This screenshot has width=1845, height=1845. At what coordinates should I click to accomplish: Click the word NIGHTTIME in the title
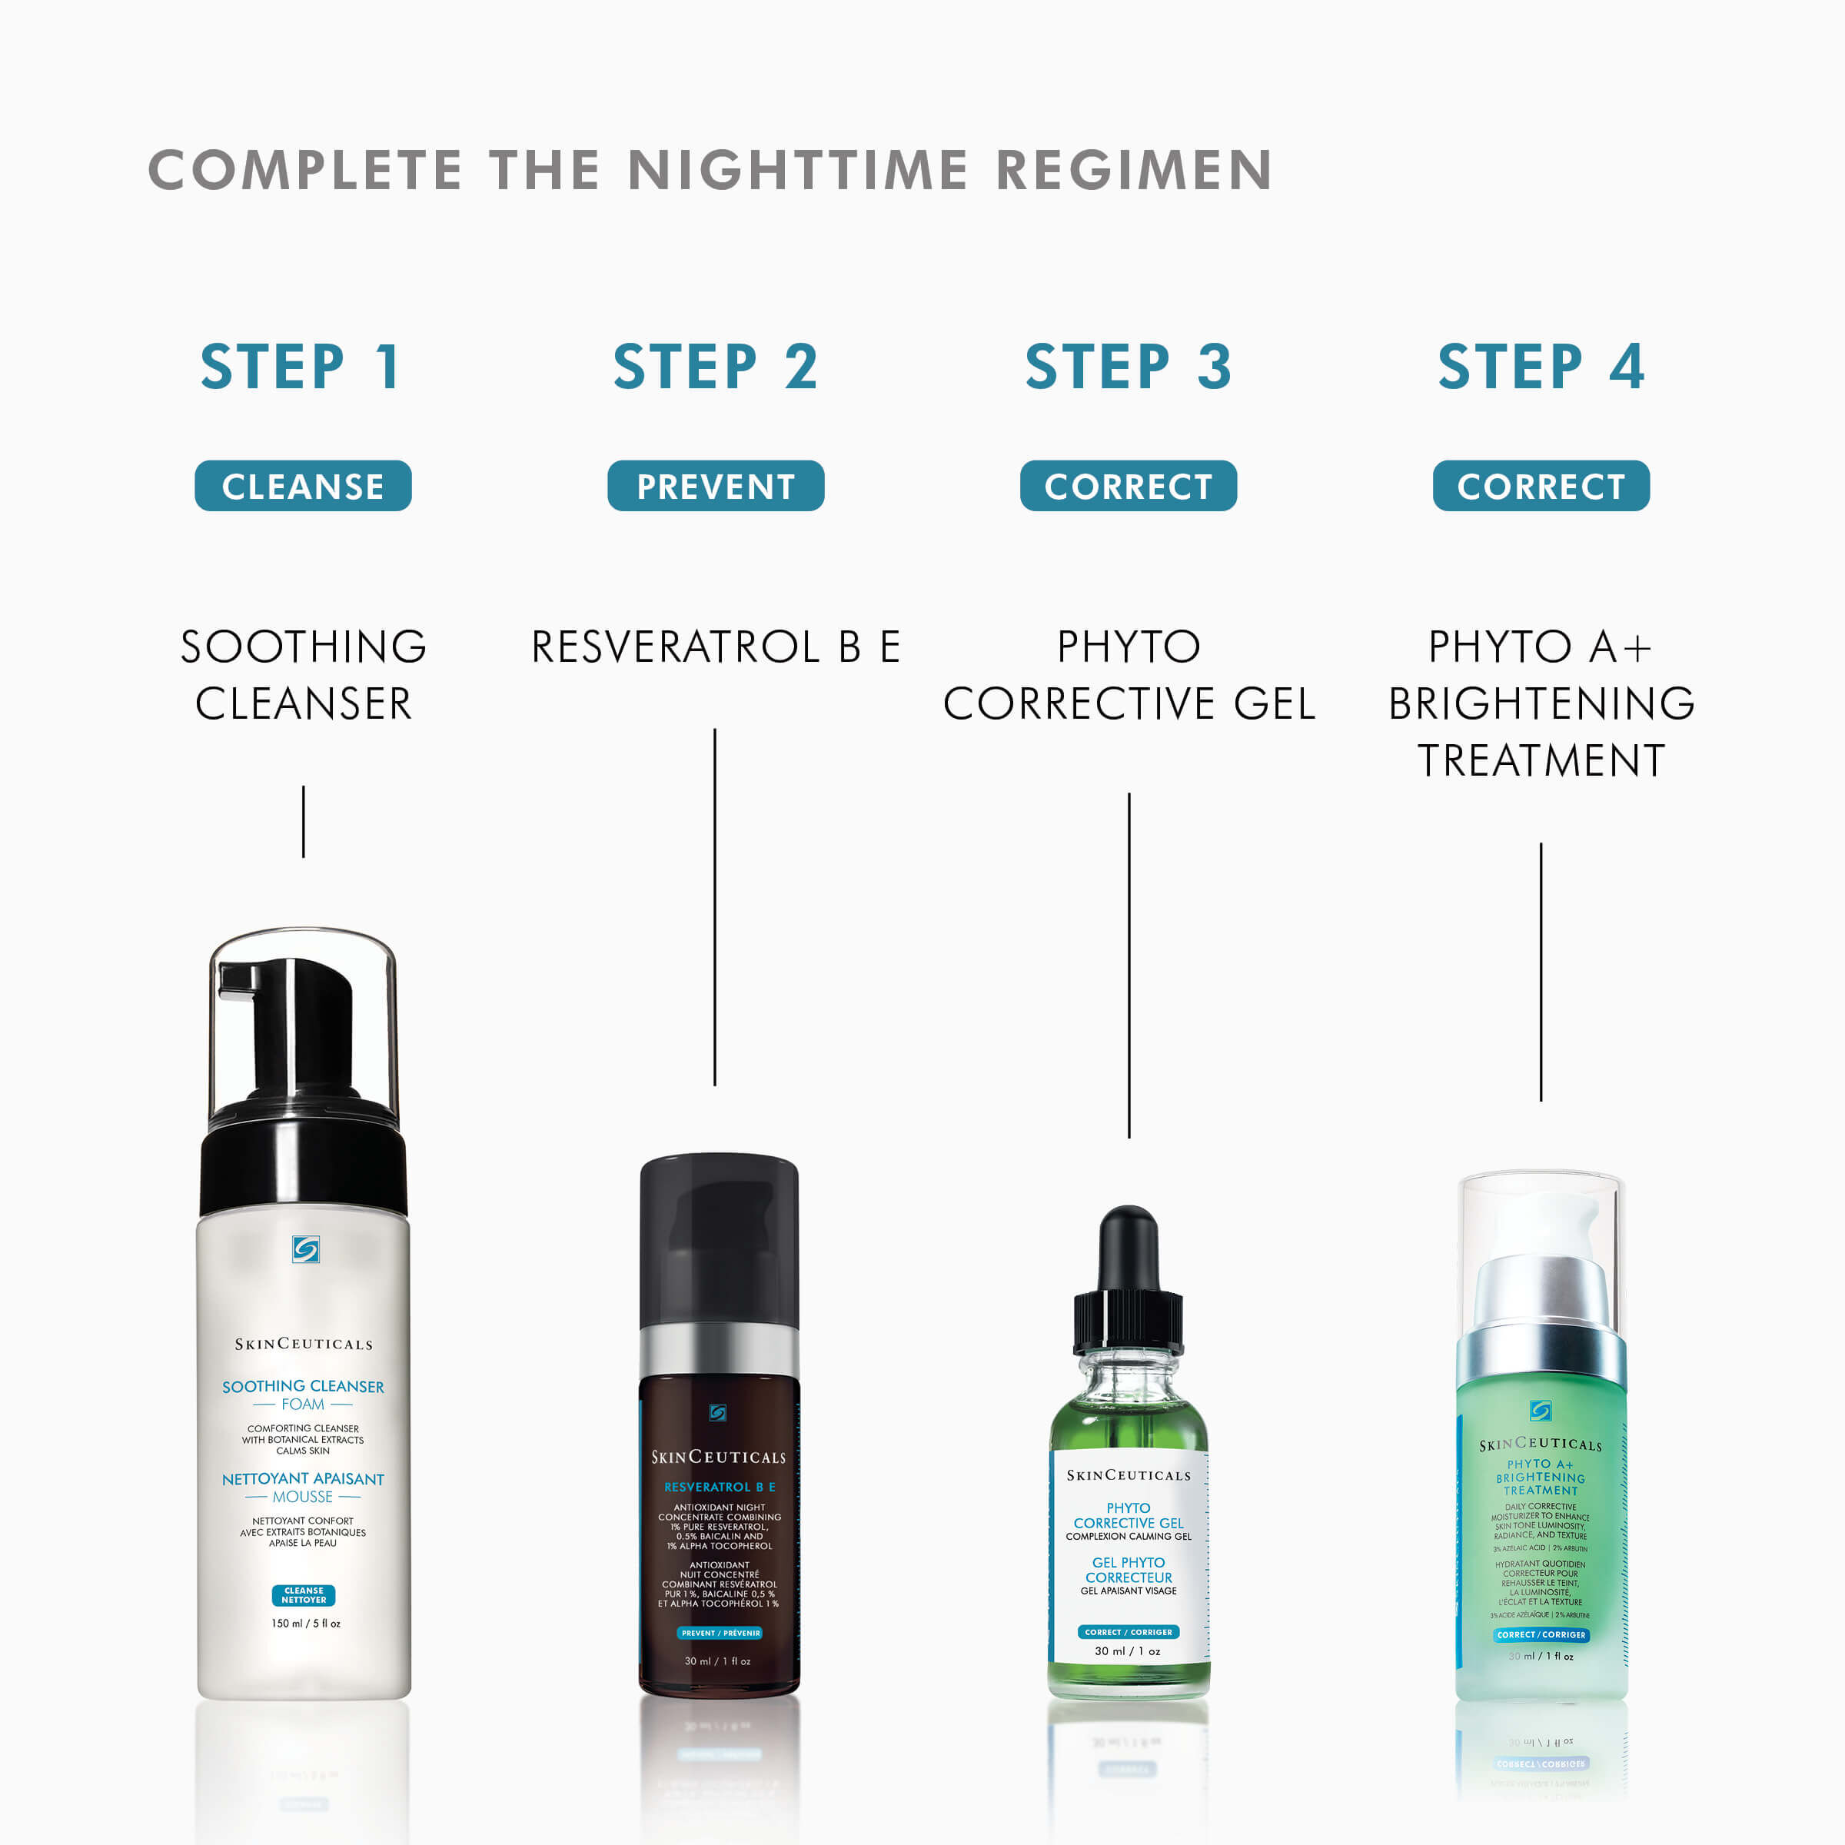click(797, 170)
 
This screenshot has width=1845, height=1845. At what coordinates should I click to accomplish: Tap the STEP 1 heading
click(301, 367)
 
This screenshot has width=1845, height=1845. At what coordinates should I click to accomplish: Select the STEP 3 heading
click(1128, 367)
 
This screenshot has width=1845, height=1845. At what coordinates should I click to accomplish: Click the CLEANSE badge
click(303, 486)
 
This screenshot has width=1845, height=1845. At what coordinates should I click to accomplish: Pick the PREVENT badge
click(715, 486)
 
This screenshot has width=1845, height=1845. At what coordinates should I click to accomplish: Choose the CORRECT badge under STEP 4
click(1541, 486)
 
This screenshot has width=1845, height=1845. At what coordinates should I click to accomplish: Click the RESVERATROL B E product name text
click(715, 647)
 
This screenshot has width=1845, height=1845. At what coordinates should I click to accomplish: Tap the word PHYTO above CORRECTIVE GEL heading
click(1128, 647)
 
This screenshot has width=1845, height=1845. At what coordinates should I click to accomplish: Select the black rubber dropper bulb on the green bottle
click(1128, 1246)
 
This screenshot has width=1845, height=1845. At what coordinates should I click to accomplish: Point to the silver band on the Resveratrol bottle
click(718, 1349)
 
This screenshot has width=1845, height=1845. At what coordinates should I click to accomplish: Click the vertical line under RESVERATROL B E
click(714, 907)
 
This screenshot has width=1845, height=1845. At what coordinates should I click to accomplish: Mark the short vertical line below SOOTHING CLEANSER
click(304, 821)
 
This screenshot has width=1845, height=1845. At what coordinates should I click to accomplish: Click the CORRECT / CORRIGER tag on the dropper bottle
click(1128, 1632)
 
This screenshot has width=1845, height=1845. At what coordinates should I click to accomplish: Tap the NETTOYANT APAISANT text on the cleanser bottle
click(303, 1478)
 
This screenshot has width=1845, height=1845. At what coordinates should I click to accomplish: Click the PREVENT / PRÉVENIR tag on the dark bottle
click(720, 1633)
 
